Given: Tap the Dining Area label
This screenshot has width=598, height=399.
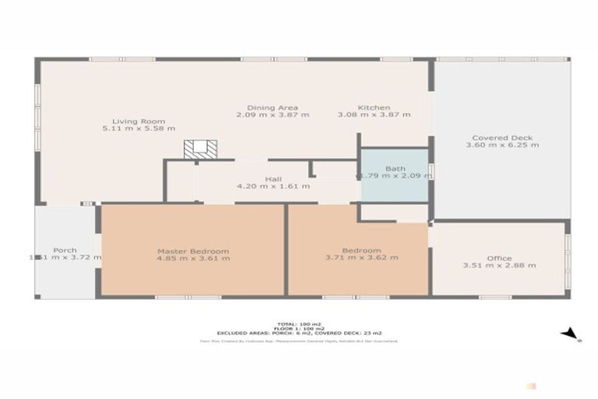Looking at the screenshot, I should click(x=273, y=108).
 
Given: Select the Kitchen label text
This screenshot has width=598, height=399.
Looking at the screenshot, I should click(x=374, y=108).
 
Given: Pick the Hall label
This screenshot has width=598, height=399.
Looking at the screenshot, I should click(x=273, y=179).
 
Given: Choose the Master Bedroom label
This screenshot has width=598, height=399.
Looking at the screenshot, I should click(x=193, y=251).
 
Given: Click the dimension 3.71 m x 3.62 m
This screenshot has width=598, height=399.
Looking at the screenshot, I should click(x=362, y=258).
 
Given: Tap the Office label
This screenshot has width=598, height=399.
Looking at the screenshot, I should click(x=499, y=258).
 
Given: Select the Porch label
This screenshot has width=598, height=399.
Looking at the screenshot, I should click(x=65, y=250).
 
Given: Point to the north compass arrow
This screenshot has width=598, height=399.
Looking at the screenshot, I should click(x=571, y=334).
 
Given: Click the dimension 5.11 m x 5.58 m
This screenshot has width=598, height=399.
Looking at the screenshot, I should click(x=139, y=129).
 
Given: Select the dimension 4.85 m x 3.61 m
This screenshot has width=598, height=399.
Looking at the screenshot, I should click(x=193, y=258).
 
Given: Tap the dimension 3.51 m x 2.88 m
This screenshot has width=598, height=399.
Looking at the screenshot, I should click(x=499, y=265).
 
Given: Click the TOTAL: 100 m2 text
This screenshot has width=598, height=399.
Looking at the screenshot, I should click(x=299, y=323).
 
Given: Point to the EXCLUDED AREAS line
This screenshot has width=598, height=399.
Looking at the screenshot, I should click(x=299, y=333).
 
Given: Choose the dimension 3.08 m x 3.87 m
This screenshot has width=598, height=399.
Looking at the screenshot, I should click(x=374, y=115).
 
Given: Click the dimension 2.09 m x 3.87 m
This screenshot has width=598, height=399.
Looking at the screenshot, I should click(x=273, y=115).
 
